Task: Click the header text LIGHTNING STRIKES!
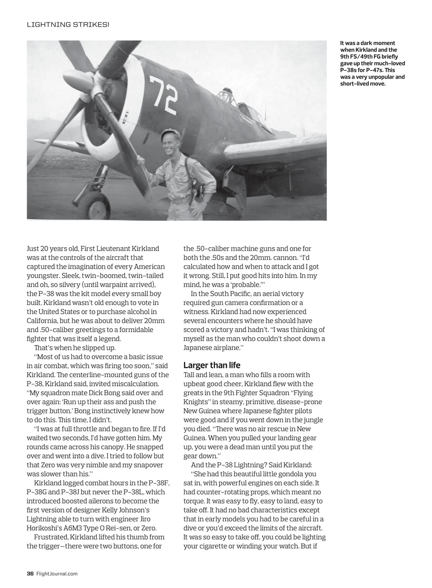point(68,24)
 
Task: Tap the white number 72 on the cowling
point(163,95)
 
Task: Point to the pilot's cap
point(168,133)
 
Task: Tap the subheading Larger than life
point(211,365)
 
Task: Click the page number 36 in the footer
point(30,573)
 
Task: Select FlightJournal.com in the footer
point(57,573)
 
